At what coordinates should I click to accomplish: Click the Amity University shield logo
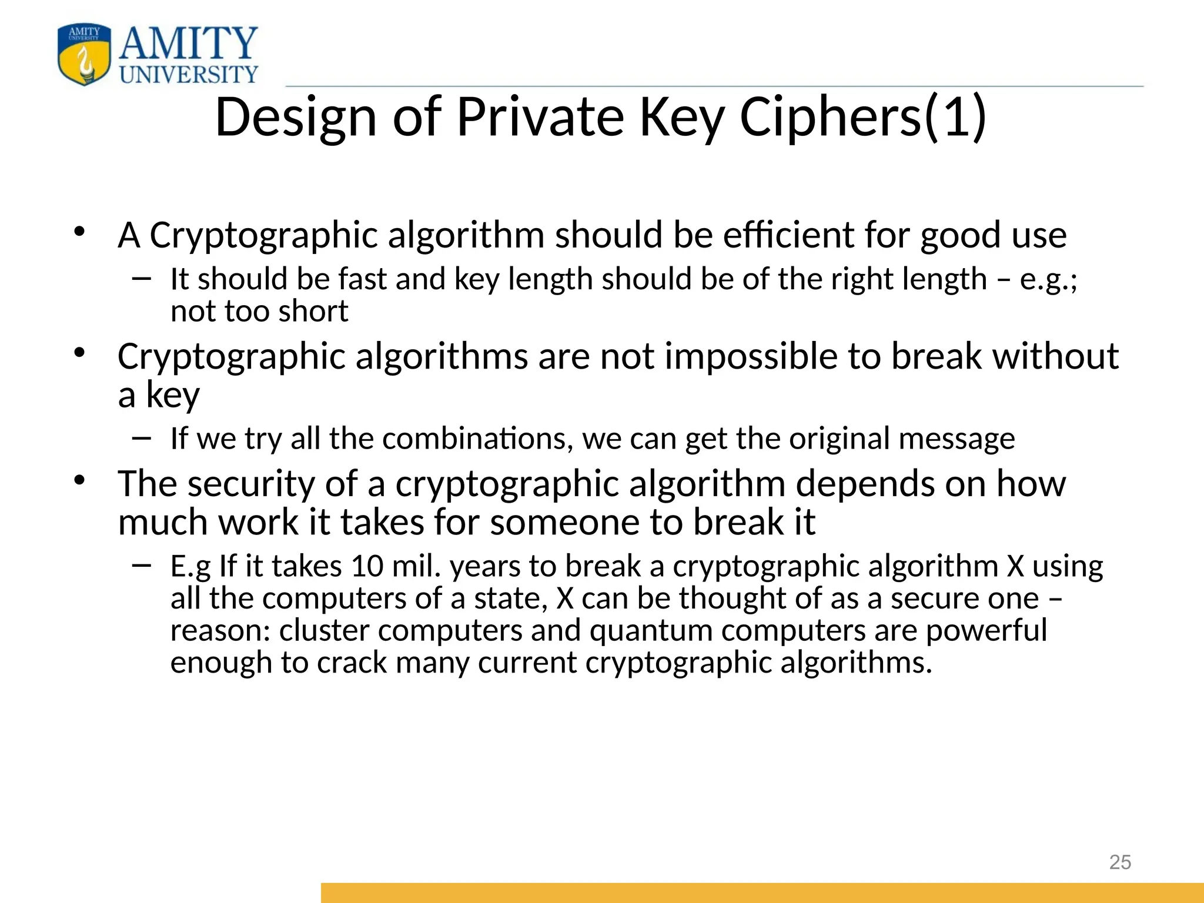[84, 55]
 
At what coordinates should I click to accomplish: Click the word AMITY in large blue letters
[189, 44]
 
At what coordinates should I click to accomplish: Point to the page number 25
[1120, 862]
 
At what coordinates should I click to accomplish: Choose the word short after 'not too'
[313, 311]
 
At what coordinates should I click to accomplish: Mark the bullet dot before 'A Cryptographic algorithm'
[79, 232]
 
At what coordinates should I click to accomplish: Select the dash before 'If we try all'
[142, 437]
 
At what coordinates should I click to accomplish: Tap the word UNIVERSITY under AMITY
[189, 75]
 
